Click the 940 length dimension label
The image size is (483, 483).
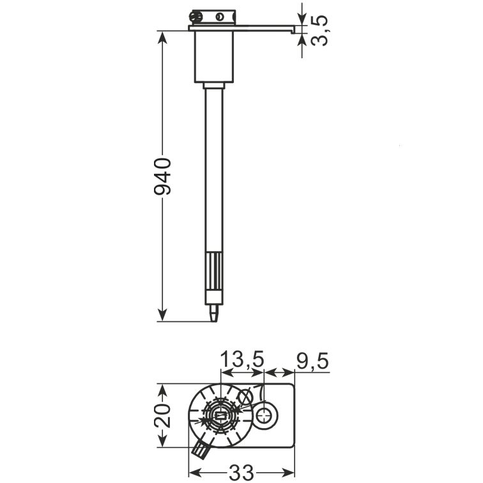[x=162, y=176]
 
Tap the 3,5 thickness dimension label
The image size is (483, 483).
[x=319, y=31]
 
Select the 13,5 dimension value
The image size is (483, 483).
[x=242, y=359]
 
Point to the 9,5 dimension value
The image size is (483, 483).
[x=312, y=361]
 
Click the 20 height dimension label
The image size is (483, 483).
[x=162, y=416]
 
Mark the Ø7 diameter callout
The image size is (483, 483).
[x=251, y=394]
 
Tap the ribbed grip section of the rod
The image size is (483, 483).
[x=214, y=272]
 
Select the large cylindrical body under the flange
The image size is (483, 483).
[x=214, y=57]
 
